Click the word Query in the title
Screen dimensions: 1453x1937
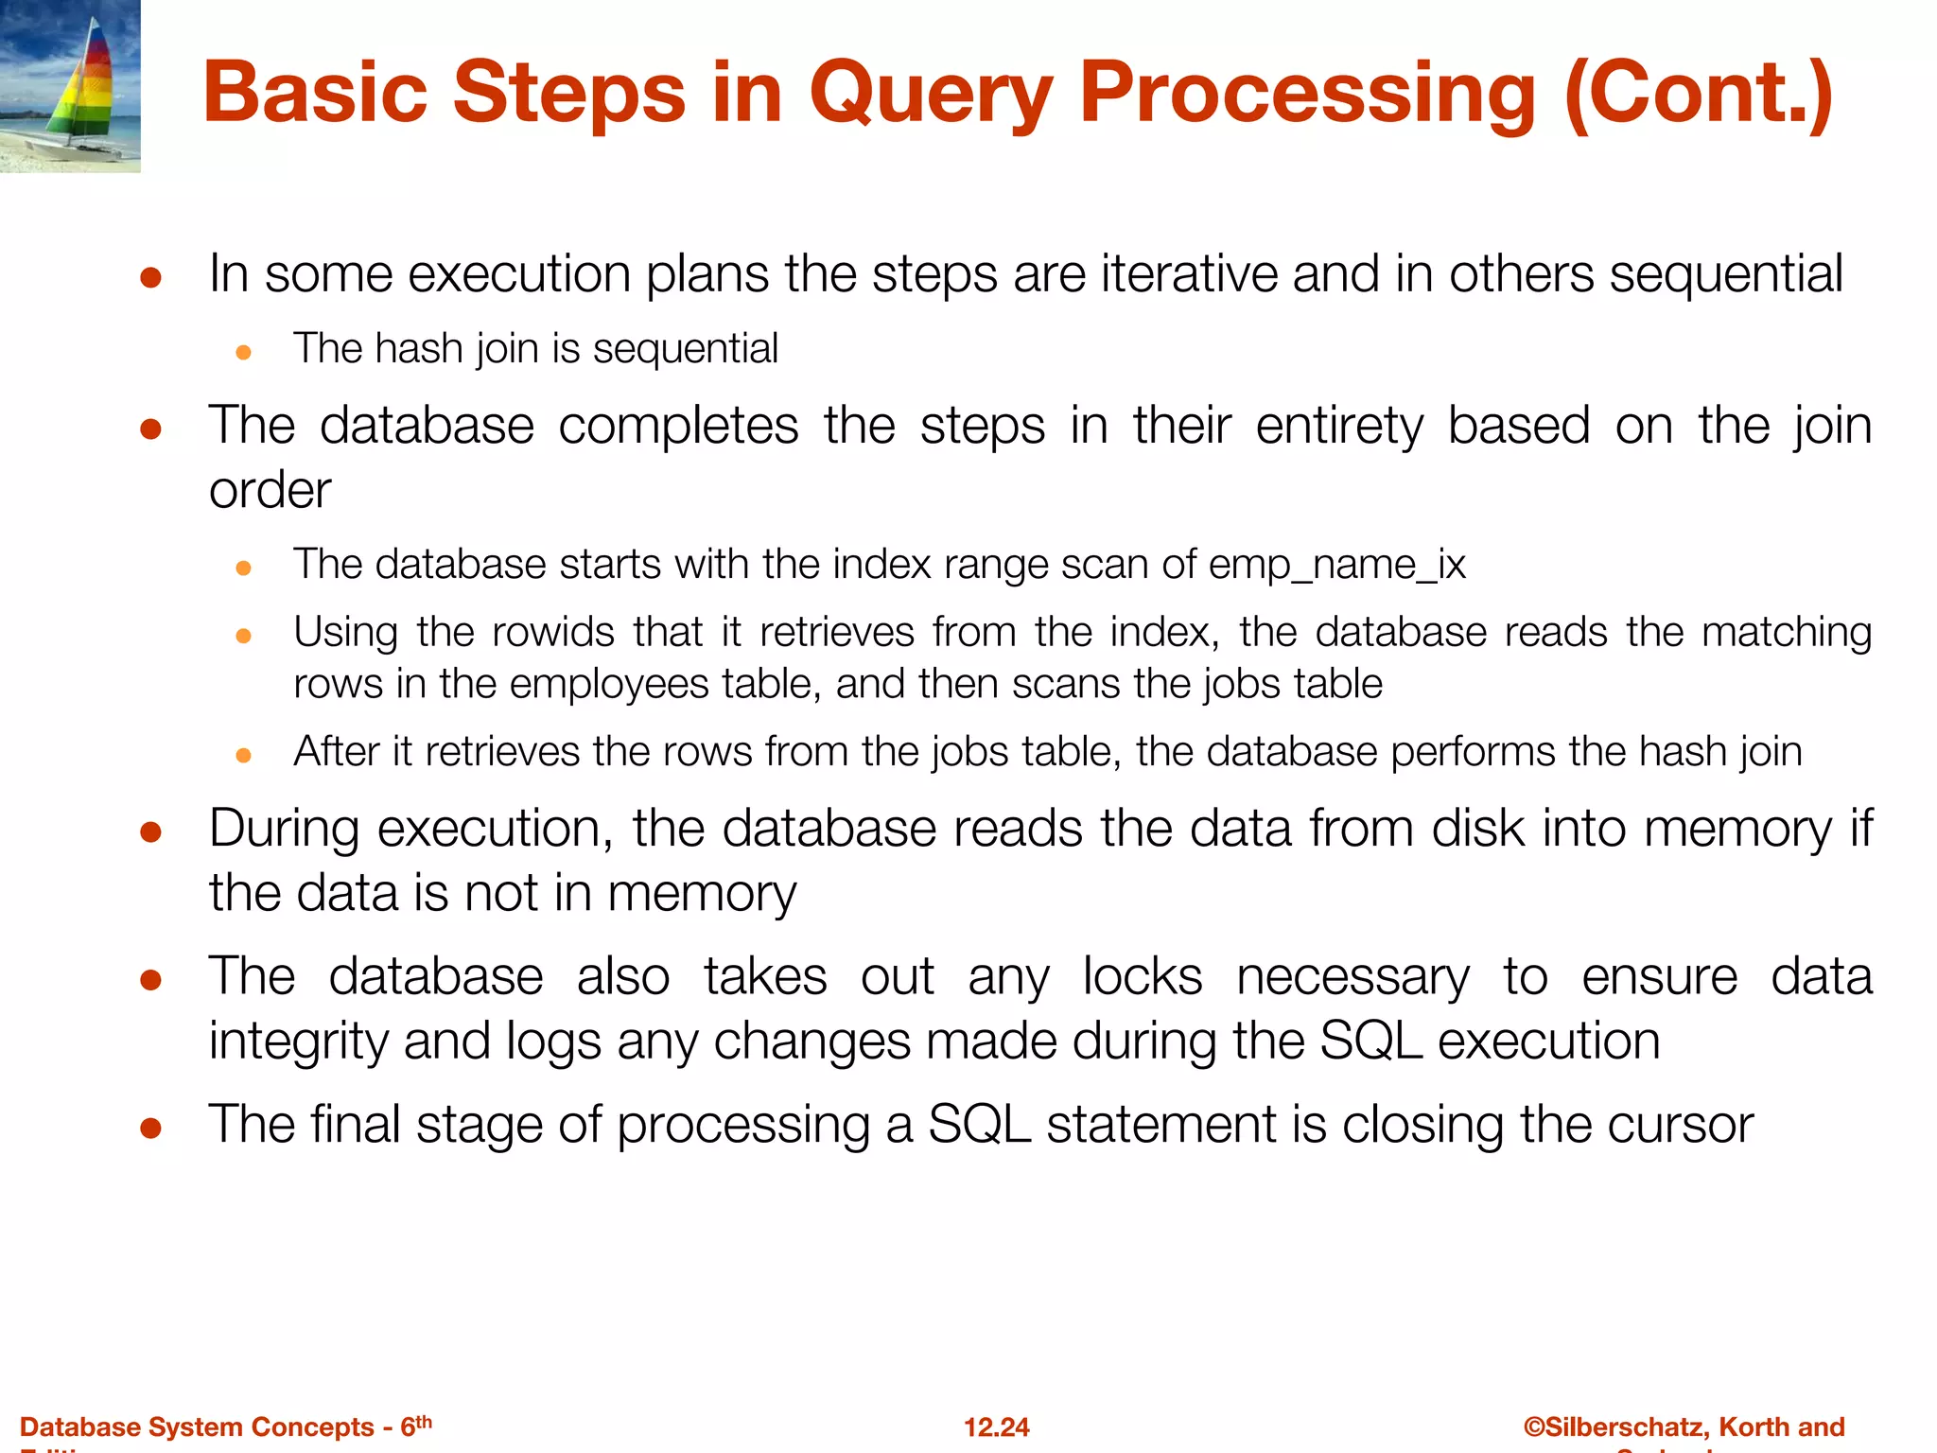[931, 93]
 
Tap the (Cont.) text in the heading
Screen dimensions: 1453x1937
[1698, 93]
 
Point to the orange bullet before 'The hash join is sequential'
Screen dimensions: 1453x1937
[243, 353]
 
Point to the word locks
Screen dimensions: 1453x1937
[1142, 976]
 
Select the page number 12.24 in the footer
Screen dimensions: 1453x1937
[996, 1427]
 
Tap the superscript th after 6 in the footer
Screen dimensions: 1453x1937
[424, 1421]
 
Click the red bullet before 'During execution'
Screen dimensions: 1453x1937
[150, 832]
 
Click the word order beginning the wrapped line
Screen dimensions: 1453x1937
[270, 491]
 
